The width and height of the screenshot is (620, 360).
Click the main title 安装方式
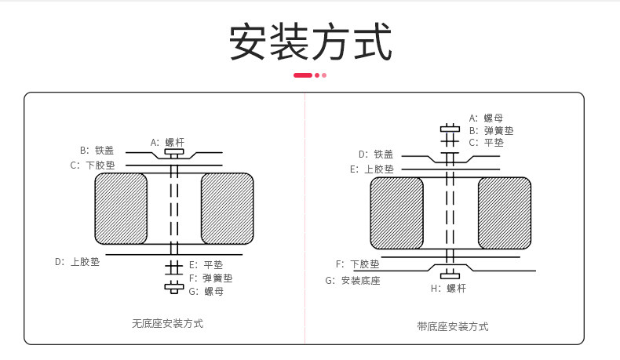point(310,43)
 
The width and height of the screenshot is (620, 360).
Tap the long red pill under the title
point(302,75)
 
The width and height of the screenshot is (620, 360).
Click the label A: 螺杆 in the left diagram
point(167,142)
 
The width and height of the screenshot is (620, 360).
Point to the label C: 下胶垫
point(92,165)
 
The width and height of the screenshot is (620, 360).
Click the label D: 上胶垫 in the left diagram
point(77,262)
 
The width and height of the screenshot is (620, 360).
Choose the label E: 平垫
point(206,265)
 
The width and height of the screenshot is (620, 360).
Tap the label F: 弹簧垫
point(211,278)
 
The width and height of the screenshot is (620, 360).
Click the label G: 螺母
point(206,291)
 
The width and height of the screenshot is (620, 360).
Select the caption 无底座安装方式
point(168,323)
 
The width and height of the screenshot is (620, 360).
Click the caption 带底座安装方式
point(453,326)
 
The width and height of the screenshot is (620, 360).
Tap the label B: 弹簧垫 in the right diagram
point(491,130)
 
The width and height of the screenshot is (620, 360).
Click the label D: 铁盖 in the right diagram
point(376,155)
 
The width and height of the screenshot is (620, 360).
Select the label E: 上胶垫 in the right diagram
point(372,169)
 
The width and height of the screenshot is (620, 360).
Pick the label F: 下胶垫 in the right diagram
point(357,264)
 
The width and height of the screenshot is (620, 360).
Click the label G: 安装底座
point(352,280)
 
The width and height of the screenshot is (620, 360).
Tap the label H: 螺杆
point(448,288)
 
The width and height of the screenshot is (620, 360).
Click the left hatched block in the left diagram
point(121,208)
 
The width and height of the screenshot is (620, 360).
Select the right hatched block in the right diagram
point(505,213)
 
